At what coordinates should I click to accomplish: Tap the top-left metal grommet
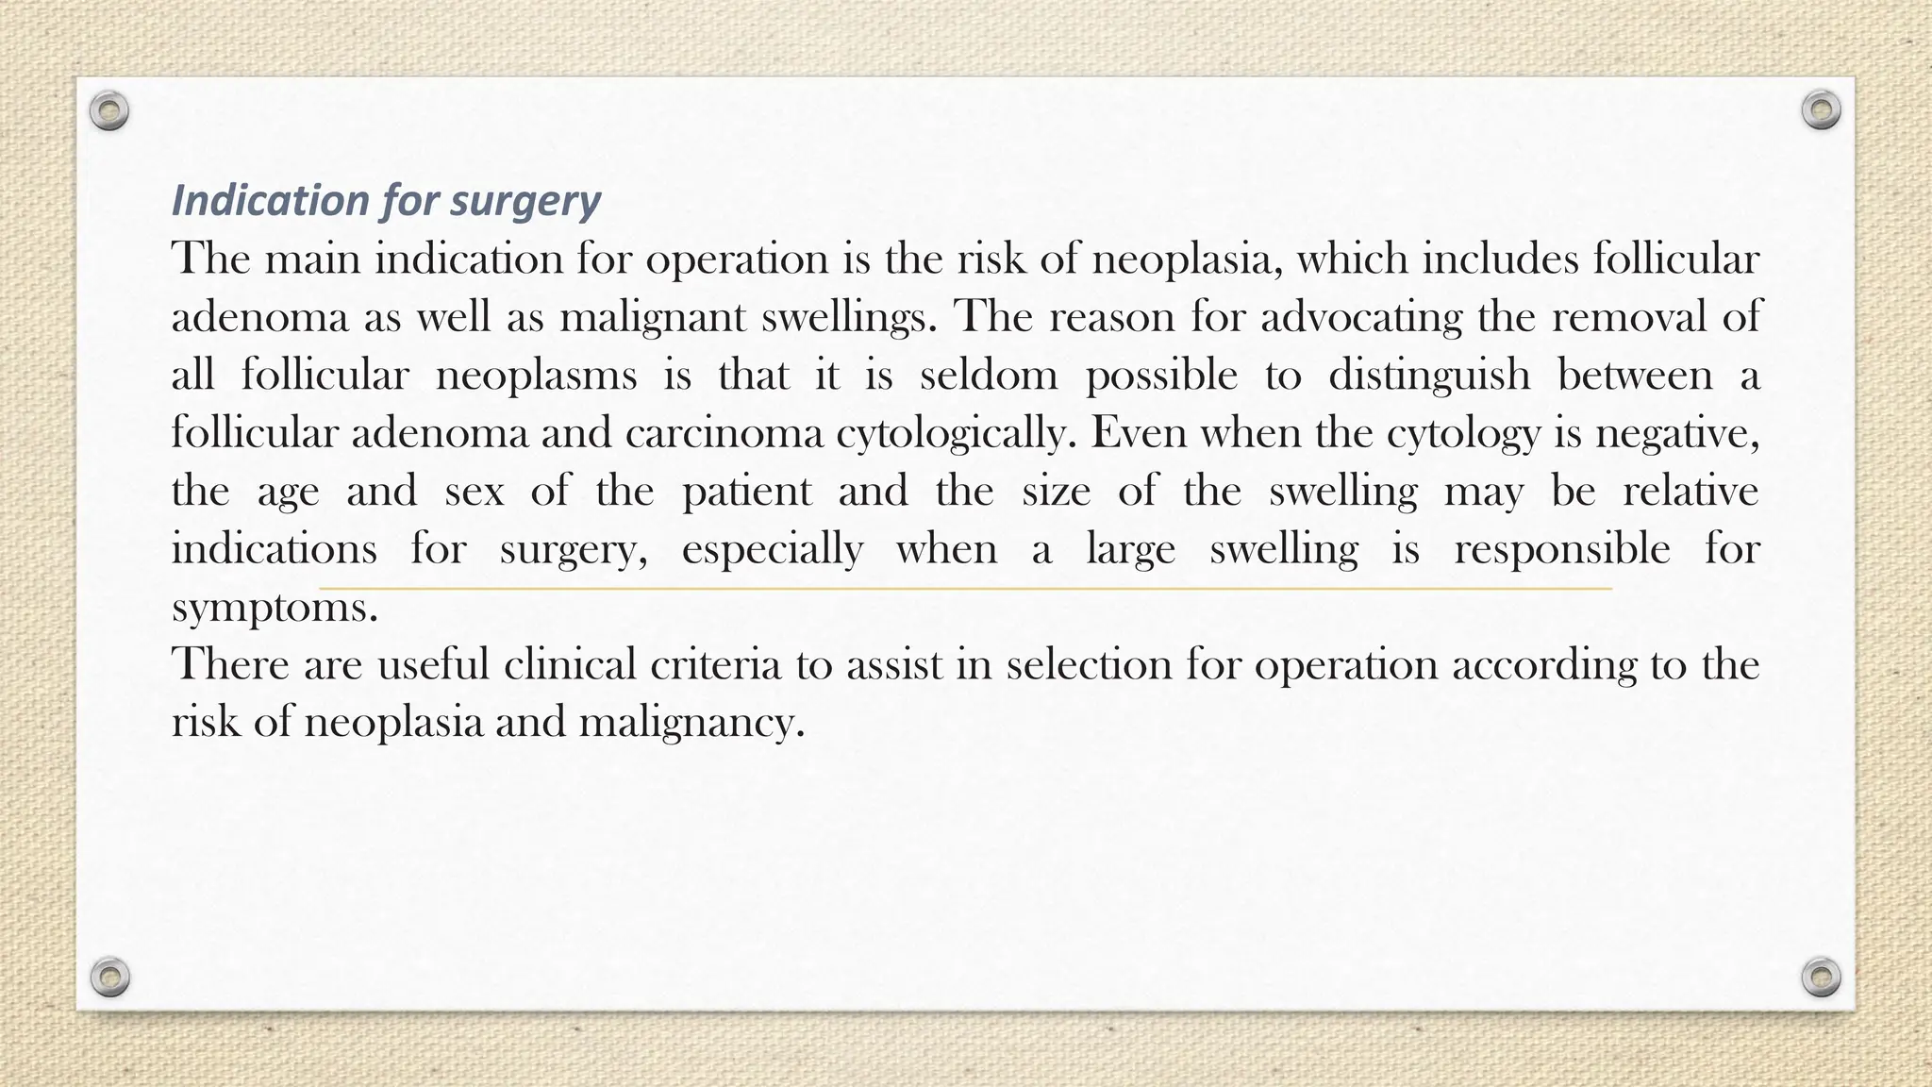click(x=109, y=111)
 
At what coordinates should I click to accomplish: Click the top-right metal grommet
click(x=1821, y=110)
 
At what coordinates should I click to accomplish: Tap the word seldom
click(x=988, y=376)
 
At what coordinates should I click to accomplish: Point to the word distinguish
click(x=1429, y=376)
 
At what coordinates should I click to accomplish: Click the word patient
click(x=746, y=492)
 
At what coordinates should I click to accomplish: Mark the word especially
click(x=772, y=550)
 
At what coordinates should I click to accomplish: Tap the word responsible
click(x=1561, y=550)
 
